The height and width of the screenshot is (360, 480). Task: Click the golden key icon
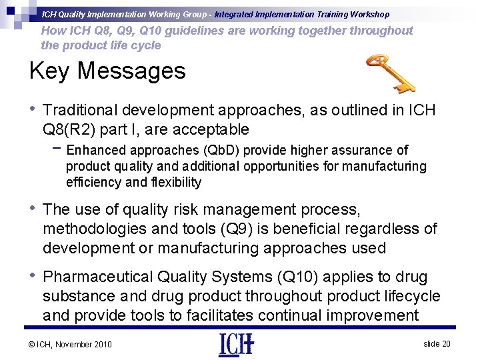(390, 73)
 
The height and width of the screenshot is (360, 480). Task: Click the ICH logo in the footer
(236, 344)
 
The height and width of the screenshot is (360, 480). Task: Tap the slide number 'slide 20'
(437, 343)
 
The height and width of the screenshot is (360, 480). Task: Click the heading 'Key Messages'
(107, 70)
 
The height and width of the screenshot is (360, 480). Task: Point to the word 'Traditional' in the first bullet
(79, 111)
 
